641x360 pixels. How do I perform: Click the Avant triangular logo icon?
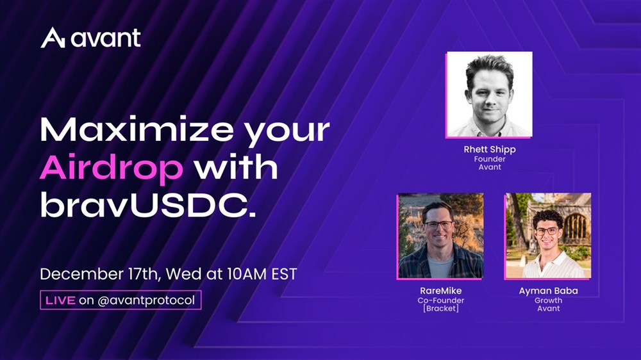[x=53, y=38]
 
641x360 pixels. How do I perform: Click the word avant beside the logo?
[x=106, y=38]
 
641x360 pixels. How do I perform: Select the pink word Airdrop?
[x=111, y=168]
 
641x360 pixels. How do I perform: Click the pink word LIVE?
[x=60, y=300]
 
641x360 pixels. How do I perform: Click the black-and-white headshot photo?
[x=489, y=94]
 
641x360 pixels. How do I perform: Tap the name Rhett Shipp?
[x=489, y=149]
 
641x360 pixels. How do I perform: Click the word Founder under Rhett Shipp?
[x=489, y=159]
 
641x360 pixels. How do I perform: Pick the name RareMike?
[x=441, y=291]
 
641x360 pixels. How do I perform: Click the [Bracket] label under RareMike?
[x=441, y=309]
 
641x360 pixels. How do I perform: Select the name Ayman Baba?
[x=548, y=291]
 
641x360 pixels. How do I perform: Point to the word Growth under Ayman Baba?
[x=548, y=300]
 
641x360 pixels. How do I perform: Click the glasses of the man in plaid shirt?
[x=438, y=224]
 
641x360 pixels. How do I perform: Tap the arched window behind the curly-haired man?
[x=576, y=227]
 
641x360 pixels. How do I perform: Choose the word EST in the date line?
[x=284, y=274]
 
